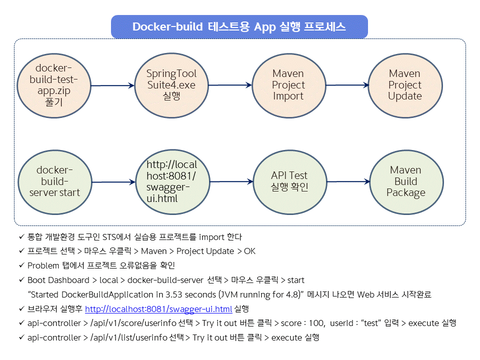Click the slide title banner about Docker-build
tap(239, 26)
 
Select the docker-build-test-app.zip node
tap(54, 85)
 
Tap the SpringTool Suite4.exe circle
tap(171, 85)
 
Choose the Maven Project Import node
tap(288, 85)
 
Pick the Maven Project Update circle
tap(405, 85)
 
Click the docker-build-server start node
tap(54, 181)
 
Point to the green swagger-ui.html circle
tap(171, 181)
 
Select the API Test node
tap(289, 181)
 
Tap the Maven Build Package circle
tap(406, 181)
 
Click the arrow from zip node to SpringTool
tap(113, 85)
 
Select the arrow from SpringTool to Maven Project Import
tap(229, 85)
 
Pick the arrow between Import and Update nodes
tap(346, 85)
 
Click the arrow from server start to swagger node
tap(114, 182)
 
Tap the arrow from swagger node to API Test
tap(230, 181)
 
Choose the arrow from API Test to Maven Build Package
tap(347, 181)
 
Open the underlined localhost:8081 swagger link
tap(158, 308)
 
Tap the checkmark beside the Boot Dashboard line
tap(21, 280)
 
